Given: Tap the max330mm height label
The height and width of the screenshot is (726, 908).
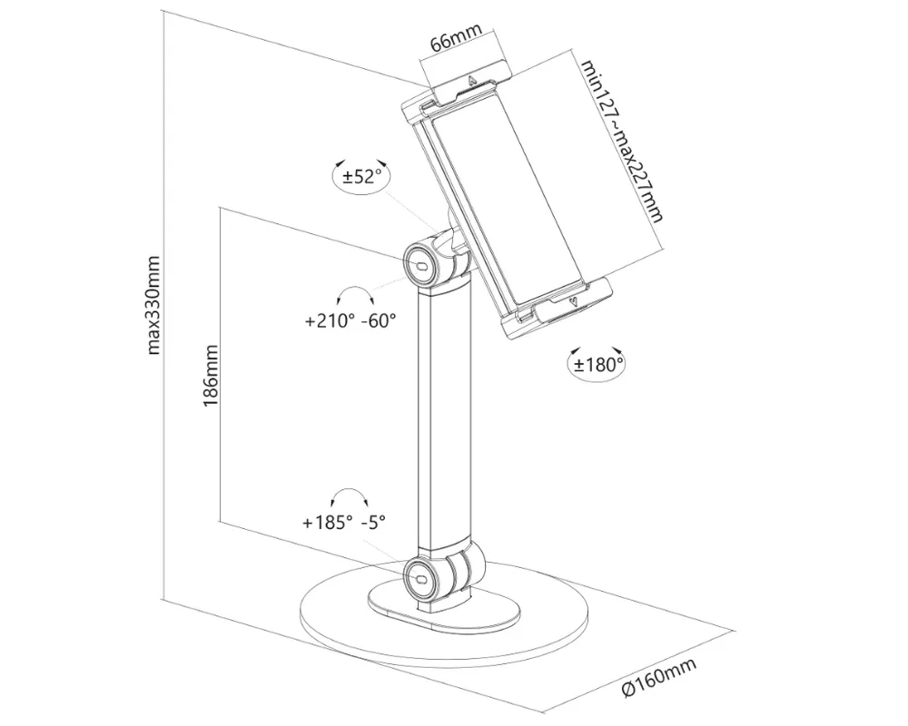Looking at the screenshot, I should (154, 305).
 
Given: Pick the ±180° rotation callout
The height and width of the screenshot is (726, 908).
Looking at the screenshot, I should (597, 365).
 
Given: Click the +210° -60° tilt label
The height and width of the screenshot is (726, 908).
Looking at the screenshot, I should (350, 320).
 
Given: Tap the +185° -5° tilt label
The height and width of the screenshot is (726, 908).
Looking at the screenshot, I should (344, 522).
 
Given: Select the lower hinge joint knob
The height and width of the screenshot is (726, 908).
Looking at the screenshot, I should (421, 574).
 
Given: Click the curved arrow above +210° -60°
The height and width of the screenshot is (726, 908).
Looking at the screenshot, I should (354, 295).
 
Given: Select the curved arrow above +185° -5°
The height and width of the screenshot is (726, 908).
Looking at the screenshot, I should (349, 495).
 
